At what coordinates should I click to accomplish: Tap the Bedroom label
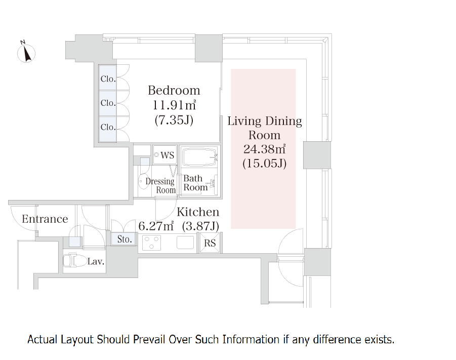[x=174, y=90]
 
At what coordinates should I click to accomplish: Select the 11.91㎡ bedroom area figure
[x=174, y=105]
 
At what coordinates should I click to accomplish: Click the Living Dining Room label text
[x=265, y=128]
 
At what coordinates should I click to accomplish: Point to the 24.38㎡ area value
[x=264, y=149]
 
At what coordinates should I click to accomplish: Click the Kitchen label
[x=198, y=212]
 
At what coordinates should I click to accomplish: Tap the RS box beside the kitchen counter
[x=210, y=243]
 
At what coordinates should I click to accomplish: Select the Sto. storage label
[x=125, y=239]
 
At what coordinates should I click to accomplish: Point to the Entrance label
[x=45, y=219]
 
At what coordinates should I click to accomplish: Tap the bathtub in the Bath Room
[x=200, y=157]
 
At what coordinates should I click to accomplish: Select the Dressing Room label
[x=160, y=185]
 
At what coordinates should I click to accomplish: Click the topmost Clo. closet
[x=108, y=78]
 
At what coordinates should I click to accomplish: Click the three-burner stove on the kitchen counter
[x=151, y=243]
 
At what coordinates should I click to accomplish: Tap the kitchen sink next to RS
[x=185, y=243]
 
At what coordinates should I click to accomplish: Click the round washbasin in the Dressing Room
[x=143, y=181]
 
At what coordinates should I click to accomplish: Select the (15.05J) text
[x=264, y=163]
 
